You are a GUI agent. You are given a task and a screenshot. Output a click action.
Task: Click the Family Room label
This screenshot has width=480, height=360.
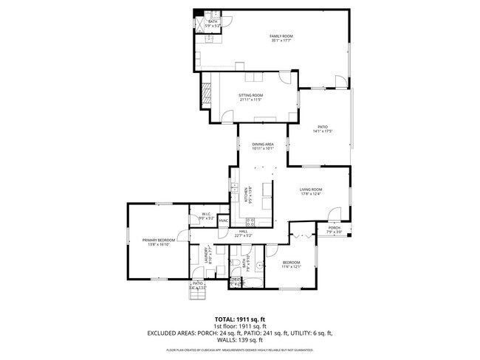(x=282, y=36)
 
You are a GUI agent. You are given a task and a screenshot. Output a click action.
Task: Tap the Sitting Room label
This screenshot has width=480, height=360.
(x=251, y=95)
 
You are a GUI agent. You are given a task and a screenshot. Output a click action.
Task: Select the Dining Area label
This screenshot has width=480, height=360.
(x=263, y=144)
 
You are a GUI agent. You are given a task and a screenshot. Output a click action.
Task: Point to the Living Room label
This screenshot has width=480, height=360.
(x=311, y=190)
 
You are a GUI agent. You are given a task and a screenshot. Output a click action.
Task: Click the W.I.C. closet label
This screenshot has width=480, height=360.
(x=206, y=215)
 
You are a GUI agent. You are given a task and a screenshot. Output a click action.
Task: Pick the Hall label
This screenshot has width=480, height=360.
(x=243, y=232)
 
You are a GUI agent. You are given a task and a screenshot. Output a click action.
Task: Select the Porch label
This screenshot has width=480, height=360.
(x=335, y=228)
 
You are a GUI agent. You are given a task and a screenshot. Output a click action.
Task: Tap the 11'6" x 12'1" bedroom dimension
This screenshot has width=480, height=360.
(x=291, y=266)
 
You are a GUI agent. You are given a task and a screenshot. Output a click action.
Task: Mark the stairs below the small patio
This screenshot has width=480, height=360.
(x=197, y=294)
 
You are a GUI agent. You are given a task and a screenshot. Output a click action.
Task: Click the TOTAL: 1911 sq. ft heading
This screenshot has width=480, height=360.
(x=239, y=319)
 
